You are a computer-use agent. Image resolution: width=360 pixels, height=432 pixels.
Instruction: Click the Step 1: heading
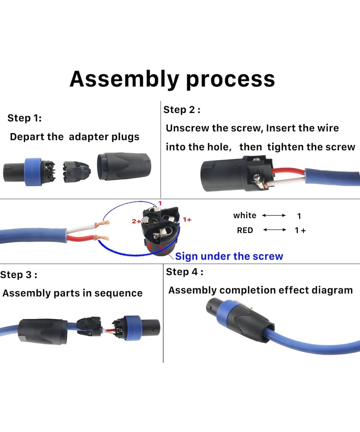coord(24,118)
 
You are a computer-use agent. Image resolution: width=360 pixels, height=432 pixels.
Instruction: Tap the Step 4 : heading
coord(184,272)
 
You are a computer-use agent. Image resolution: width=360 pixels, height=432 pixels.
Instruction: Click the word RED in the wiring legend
coord(245,230)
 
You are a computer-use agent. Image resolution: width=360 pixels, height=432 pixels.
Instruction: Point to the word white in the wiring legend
coord(245,216)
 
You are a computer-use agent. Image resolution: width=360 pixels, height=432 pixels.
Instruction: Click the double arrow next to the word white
coord(274,216)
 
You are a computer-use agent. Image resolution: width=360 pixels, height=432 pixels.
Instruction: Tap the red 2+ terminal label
coord(136,221)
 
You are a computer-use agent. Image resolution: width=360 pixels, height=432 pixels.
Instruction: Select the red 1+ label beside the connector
coord(187,219)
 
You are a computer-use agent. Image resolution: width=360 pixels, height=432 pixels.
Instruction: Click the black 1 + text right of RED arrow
coord(300,230)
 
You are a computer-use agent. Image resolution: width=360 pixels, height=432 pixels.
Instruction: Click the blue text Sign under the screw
coord(229,256)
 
